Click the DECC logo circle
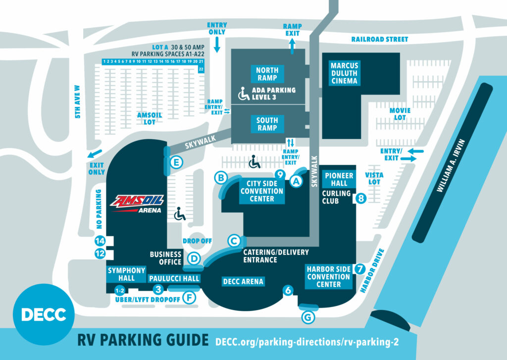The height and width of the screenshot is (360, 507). (44, 313)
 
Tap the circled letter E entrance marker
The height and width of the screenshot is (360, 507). (176, 162)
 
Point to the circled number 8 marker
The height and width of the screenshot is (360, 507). (361, 199)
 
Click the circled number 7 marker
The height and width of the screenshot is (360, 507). (360, 268)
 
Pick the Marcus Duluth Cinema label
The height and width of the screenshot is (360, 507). (344, 73)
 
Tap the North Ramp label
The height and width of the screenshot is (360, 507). (267, 74)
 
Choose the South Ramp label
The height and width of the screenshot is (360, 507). (267, 123)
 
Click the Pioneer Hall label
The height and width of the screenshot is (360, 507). (339, 179)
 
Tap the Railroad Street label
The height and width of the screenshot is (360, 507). (380, 39)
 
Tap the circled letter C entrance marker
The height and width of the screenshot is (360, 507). (234, 241)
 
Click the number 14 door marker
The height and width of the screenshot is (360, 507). (101, 241)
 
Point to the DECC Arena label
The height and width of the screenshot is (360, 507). (243, 281)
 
